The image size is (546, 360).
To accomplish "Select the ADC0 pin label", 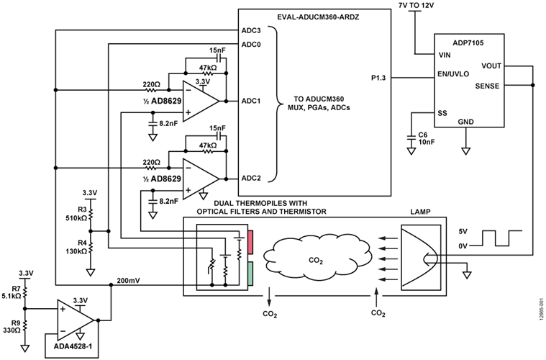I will coord(250,45).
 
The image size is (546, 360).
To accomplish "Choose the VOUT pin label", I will coord(491,66).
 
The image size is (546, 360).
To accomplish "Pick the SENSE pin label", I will coord(490,86).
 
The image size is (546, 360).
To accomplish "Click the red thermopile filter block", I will coord(250,243).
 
